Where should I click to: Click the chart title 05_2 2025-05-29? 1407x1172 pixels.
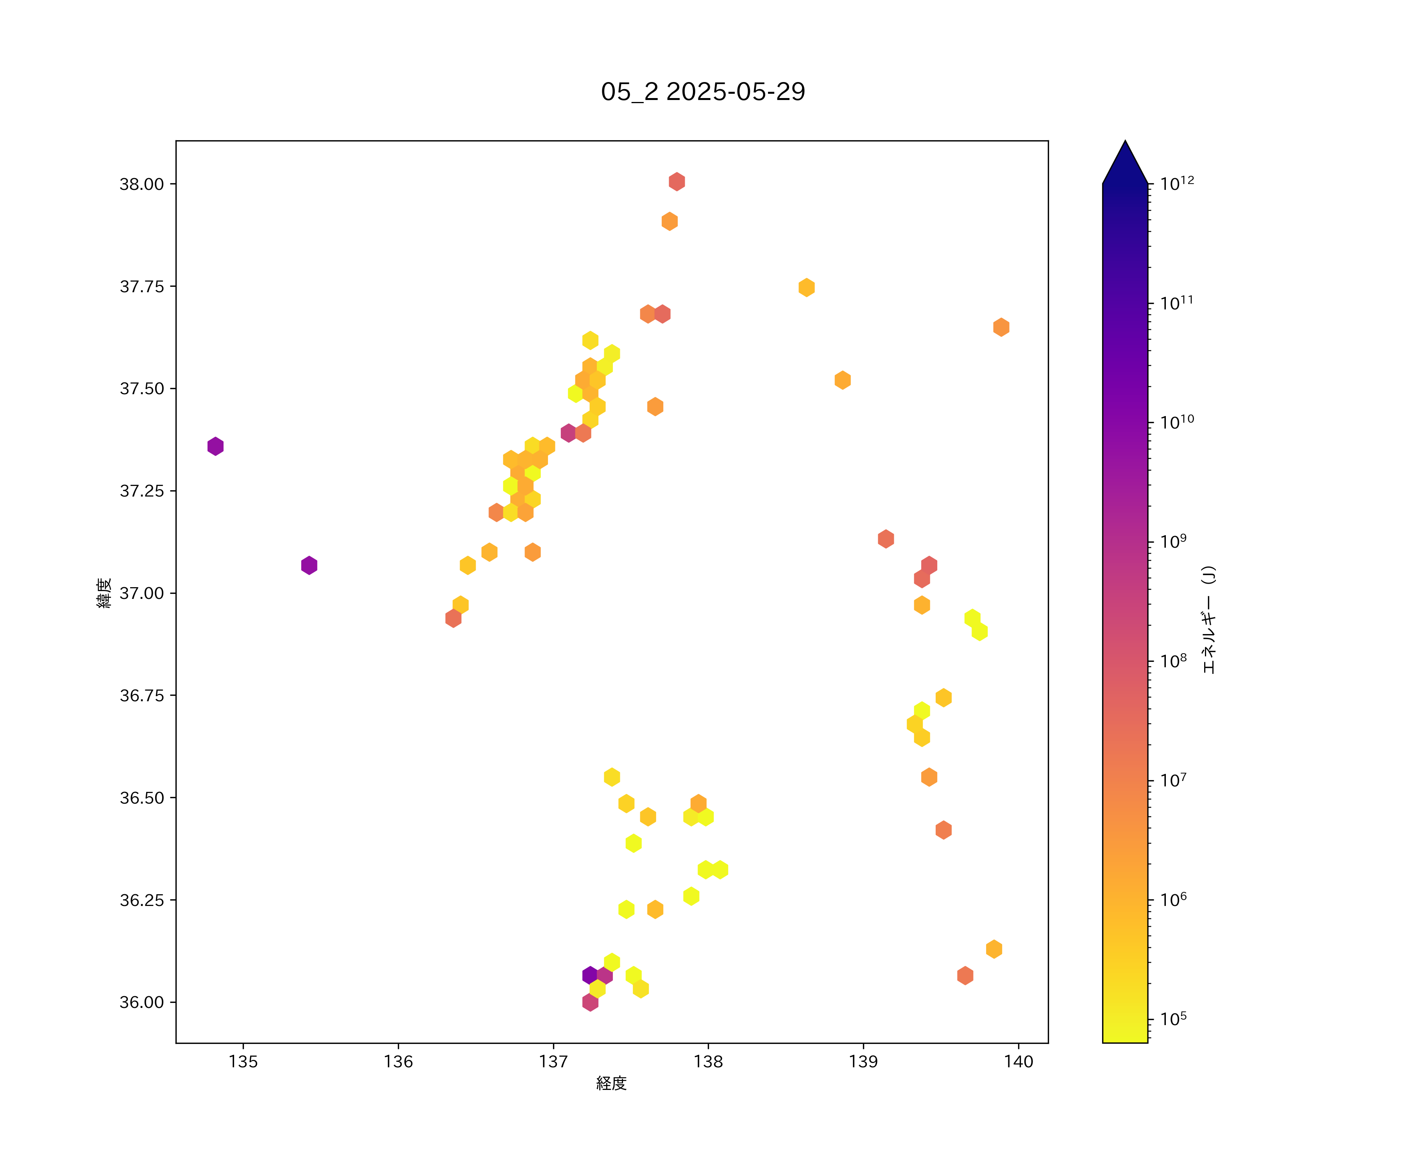pos(703,92)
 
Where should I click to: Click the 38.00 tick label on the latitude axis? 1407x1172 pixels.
pos(141,184)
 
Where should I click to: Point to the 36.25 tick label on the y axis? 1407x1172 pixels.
pos(141,900)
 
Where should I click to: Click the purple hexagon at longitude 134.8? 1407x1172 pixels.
pos(215,446)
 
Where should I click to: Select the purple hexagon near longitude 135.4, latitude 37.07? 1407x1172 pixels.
pos(309,565)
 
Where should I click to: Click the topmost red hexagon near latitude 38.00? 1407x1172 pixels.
pos(677,182)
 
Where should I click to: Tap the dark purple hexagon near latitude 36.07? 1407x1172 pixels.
pos(590,975)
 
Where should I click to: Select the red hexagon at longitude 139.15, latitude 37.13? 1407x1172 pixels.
pos(886,538)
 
